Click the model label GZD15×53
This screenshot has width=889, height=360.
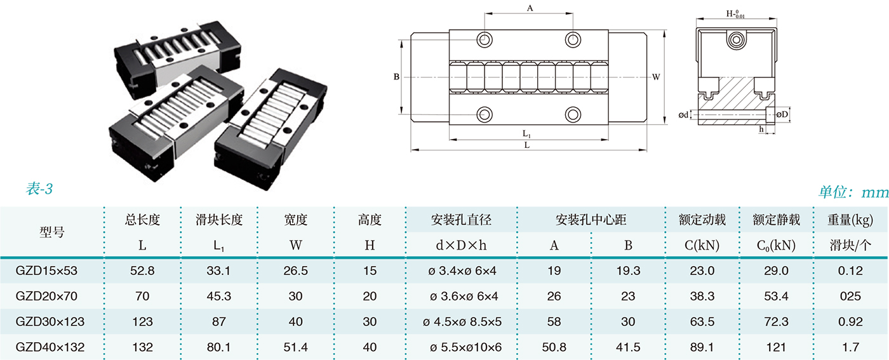point(46,271)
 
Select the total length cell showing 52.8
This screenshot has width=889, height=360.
point(142,271)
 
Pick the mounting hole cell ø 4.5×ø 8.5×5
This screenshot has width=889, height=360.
point(462,322)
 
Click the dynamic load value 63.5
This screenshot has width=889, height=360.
point(702,322)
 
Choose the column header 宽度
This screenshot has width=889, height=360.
point(295,220)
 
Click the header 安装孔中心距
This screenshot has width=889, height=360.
point(591,220)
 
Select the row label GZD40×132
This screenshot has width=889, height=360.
point(50,347)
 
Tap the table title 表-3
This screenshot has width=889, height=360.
point(39,189)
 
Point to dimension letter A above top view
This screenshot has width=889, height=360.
point(530,8)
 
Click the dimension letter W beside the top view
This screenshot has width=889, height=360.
point(656,77)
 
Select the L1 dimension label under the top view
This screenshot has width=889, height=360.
point(527,134)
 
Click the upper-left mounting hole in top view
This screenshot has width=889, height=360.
point(486,39)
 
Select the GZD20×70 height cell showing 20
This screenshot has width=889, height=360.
point(370,297)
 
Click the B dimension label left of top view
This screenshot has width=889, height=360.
point(396,77)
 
